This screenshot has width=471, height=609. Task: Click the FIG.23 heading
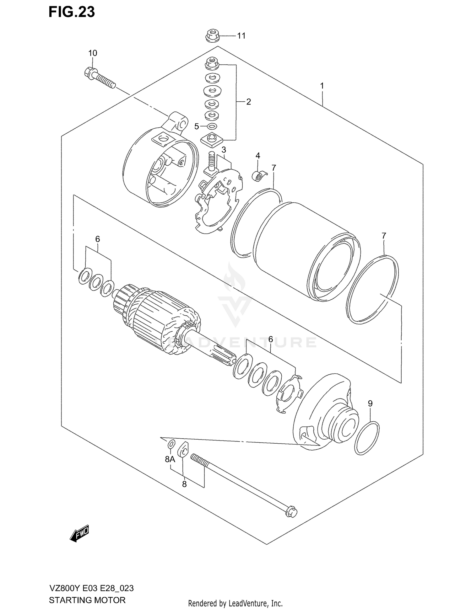pyautogui.click(x=72, y=12)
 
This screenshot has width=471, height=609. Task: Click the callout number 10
pyautogui.click(x=93, y=53)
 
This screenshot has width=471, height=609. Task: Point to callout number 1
pyautogui.click(x=322, y=86)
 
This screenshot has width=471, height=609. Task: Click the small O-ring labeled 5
pyautogui.click(x=212, y=126)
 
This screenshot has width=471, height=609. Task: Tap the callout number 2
pyautogui.click(x=248, y=102)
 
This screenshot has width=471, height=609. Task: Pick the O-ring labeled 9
pyautogui.click(x=367, y=438)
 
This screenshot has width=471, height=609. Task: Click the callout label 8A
pyautogui.click(x=170, y=459)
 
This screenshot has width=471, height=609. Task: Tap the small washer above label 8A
pyautogui.click(x=171, y=444)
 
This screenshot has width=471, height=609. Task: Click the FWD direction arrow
pyautogui.click(x=80, y=533)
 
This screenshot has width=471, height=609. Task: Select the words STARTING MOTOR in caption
pyautogui.click(x=87, y=600)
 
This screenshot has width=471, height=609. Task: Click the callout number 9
pyautogui.click(x=370, y=403)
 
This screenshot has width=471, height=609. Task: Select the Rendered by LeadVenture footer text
pyautogui.click(x=235, y=603)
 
